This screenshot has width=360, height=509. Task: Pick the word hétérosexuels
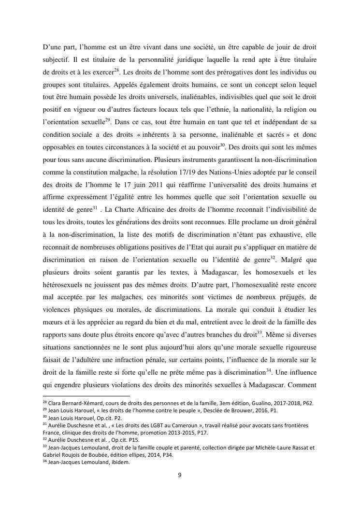click(x=63, y=273)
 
